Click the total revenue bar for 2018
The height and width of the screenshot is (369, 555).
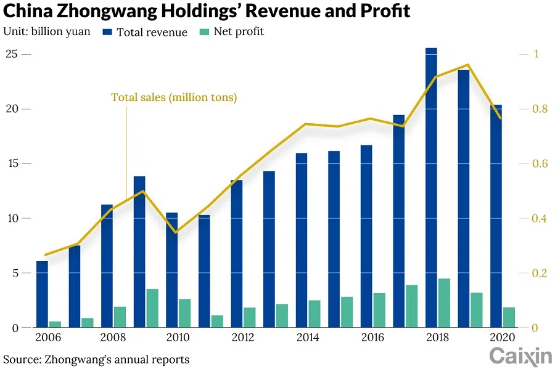(x=431, y=188)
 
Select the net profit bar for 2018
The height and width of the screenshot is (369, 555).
(x=444, y=303)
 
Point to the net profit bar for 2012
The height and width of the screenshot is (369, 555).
(x=249, y=317)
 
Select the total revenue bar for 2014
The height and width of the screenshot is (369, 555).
(x=302, y=240)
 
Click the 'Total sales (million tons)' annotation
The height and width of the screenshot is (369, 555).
(x=174, y=97)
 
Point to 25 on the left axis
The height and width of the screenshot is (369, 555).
(x=10, y=54)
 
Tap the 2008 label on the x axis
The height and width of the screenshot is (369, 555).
(x=113, y=338)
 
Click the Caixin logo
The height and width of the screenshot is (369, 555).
(x=520, y=355)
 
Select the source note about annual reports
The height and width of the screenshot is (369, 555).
(x=96, y=359)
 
